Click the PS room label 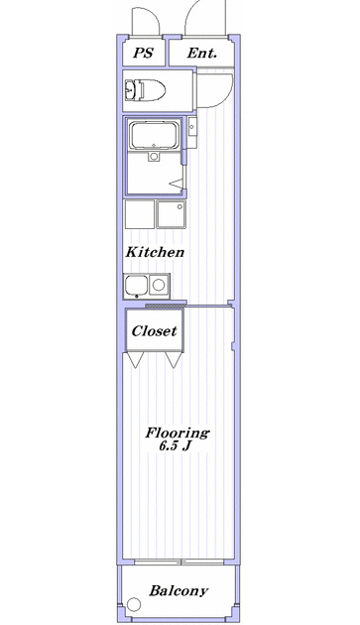tap(143, 53)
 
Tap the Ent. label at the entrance tap(202, 53)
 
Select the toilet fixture tap(145, 90)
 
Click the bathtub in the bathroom tap(155, 136)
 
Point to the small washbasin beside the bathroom tap(192, 127)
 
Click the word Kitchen tap(155, 252)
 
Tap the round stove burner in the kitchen tap(159, 285)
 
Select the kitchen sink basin tap(136, 286)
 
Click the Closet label tap(155, 330)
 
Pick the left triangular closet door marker tap(135, 359)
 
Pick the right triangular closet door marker tap(174, 359)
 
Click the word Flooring tap(177, 433)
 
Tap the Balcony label tap(179, 590)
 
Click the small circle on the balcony tap(134, 604)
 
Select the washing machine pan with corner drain tap(171, 214)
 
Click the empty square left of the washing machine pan tap(140, 214)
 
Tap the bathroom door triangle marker tap(178, 183)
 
